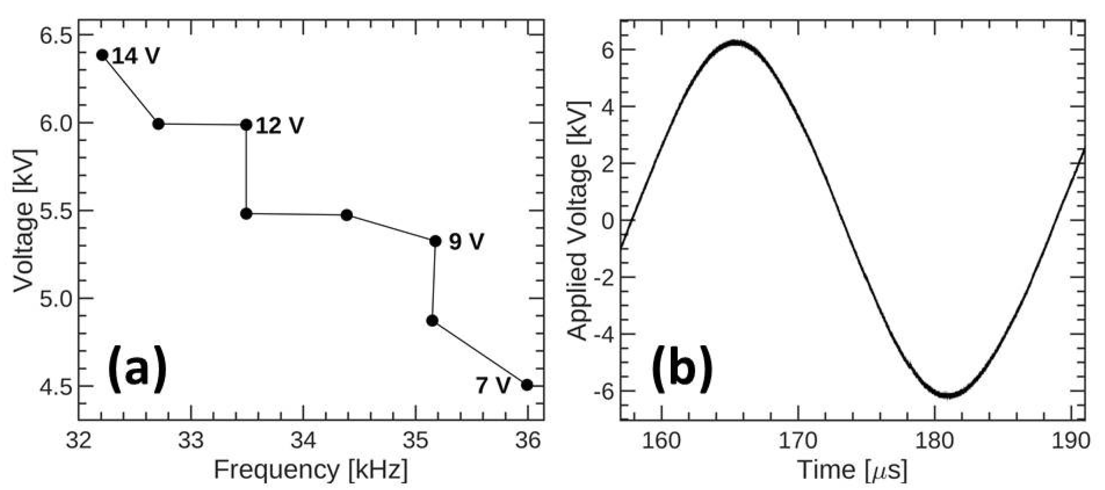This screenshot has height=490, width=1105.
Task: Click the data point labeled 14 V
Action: [x=102, y=55]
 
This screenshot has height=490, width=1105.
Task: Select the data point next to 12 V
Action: [x=246, y=125]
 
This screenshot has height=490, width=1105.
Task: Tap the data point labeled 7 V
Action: [x=526, y=385]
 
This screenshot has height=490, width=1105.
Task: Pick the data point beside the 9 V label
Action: [x=435, y=241]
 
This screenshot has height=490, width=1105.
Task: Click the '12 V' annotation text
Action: [x=279, y=126]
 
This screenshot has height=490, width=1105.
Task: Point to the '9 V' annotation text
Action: [x=466, y=242]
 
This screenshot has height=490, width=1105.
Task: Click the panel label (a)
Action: [x=137, y=370]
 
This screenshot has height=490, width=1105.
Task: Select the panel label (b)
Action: [x=681, y=370]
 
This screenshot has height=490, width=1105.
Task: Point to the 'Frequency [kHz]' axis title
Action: [x=310, y=470]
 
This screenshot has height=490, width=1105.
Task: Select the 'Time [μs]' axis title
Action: [x=852, y=470]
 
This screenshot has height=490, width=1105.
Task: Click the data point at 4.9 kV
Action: [x=432, y=321]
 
